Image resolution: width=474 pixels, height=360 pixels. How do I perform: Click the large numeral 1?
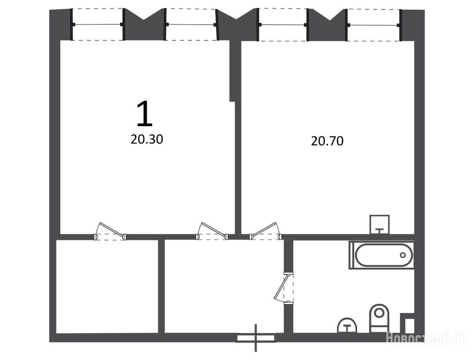click(x=145, y=113)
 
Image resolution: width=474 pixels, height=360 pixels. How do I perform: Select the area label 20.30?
click(x=147, y=139)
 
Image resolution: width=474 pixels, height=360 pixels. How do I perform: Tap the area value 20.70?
click(x=327, y=141)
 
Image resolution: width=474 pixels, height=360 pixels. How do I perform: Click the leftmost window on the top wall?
click(x=98, y=24)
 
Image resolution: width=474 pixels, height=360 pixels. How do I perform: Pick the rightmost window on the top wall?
click(x=374, y=25)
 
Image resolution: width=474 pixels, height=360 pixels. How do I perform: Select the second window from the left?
click(x=191, y=24)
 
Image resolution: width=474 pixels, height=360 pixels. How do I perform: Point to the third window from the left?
click(x=283, y=25)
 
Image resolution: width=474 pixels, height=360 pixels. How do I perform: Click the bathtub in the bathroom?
click(x=381, y=255)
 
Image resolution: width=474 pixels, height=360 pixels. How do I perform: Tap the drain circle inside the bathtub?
click(x=403, y=255)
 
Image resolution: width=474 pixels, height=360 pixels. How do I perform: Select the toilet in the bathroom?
click(x=379, y=318)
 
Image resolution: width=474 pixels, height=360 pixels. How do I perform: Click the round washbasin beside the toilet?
click(x=347, y=325)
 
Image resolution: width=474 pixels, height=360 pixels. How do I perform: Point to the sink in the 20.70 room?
click(x=380, y=225)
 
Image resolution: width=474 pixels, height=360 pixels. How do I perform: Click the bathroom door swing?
click(x=284, y=287)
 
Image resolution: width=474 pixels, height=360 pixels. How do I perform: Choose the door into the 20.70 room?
click(x=265, y=232)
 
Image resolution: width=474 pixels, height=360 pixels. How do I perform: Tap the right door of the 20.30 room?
click(x=212, y=232)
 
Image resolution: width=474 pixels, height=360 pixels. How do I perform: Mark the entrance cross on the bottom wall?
click(x=256, y=338)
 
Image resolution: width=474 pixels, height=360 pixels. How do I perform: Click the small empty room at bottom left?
click(x=107, y=286)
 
